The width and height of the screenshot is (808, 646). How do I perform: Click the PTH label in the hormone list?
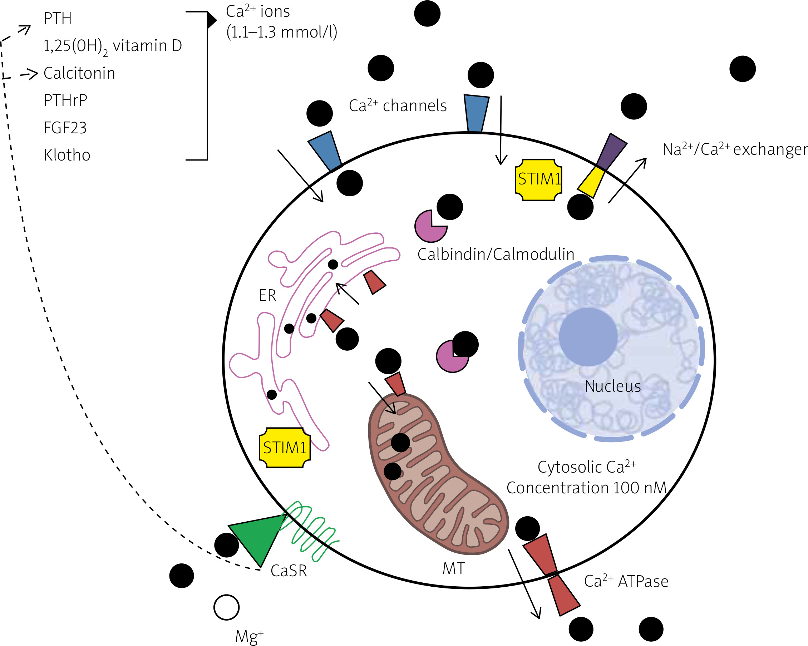[57, 19]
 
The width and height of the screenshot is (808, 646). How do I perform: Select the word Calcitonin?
[79, 73]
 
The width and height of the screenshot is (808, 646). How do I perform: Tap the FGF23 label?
[65, 128]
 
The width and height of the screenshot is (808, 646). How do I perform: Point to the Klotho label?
[67, 155]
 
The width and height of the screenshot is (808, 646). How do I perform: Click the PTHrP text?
[65, 100]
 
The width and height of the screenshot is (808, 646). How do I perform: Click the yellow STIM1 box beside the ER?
[285, 447]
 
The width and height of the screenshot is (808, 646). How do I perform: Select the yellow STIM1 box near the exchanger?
[538, 179]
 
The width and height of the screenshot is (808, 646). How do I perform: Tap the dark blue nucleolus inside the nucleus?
[588, 336]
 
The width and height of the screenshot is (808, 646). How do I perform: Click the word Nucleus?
[613, 386]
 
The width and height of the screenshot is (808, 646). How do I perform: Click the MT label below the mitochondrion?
[453, 569]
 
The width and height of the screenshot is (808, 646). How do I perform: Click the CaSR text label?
[289, 571]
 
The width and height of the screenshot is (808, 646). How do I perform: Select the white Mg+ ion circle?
[226, 607]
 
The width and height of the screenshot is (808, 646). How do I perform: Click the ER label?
[267, 296]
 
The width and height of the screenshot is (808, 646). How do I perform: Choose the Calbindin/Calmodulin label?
[496, 255]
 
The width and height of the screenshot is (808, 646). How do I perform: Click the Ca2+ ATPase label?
[626, 582]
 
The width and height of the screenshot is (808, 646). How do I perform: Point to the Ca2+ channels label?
[398, 106]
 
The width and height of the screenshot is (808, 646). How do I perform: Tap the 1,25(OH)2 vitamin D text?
[112, 46]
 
